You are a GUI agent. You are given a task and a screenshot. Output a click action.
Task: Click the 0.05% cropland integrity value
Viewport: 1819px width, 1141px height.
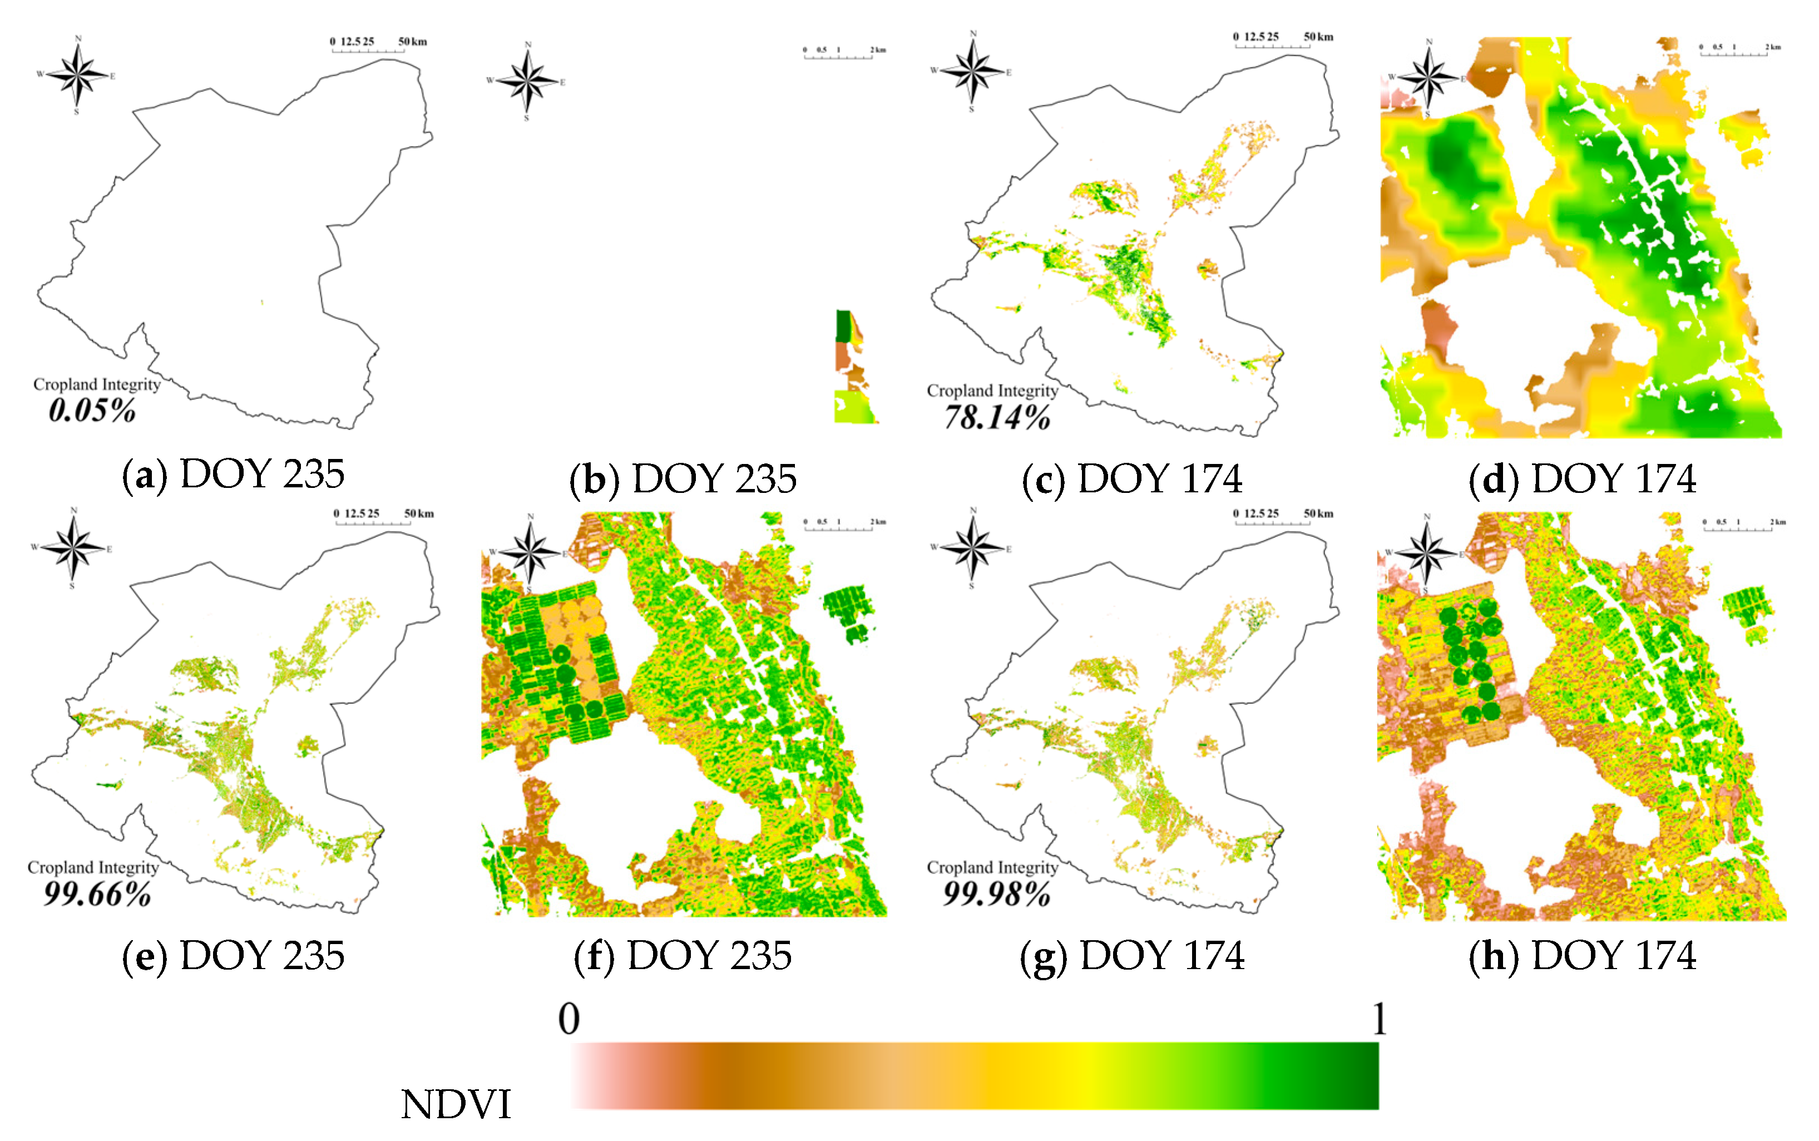92,411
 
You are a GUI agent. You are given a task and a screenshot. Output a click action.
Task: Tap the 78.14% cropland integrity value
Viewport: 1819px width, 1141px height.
997,417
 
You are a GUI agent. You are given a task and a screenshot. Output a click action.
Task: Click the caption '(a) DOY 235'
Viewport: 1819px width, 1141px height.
233,475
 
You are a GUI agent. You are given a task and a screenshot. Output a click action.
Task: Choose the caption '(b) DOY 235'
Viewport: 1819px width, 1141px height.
683,479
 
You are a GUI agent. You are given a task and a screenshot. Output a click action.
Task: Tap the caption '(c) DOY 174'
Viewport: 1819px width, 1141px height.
1131,479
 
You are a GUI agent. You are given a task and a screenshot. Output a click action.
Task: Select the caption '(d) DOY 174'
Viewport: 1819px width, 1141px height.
1582,479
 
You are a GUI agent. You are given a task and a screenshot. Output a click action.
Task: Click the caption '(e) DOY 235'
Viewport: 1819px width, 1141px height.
233,956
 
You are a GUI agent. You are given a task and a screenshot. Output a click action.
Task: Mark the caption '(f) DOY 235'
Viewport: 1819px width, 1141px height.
683,956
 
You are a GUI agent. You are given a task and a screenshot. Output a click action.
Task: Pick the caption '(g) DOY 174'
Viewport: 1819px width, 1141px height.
1131,956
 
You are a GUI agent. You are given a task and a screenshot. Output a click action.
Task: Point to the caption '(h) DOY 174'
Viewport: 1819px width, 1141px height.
1582,956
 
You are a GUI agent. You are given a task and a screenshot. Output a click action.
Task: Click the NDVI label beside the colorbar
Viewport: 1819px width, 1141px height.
456,1105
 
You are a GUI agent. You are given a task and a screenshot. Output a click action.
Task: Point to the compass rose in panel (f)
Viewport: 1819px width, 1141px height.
530,553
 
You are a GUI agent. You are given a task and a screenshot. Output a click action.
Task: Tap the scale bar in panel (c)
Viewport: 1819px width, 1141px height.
1283,40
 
